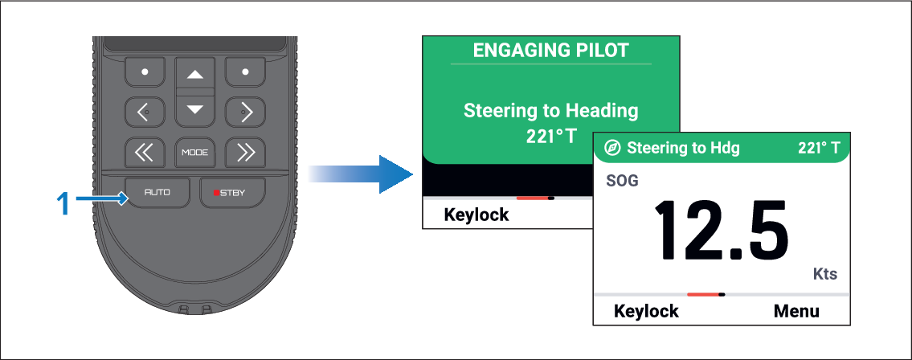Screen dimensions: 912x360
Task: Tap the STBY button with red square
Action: pyautogui.click(x=233, y=193)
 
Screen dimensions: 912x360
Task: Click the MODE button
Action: pyautogui.click(x=194, y=153)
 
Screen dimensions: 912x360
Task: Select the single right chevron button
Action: pyautogui.click(x=245, y=112)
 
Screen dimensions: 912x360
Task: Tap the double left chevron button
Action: pyautogui.click(x=145, y=153)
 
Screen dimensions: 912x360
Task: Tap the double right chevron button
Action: pyautogui.click(x=245, y=153)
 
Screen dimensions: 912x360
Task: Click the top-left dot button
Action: pyautogui.click(x=145, y=72)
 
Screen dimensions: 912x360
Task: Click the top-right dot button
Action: pyautogui.click(x=245, y=72)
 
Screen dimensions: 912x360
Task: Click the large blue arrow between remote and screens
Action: pyautogui.click(x=361, y=174)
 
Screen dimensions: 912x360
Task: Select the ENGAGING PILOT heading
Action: pyautogui.click(x=550, y=50)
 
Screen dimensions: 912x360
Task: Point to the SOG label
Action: pyautogui.click(x=623, y=181)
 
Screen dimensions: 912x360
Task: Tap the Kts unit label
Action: pyautogui.click(x=824, y=275)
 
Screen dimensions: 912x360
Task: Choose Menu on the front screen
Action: pyautogui.click(x=796, y=311)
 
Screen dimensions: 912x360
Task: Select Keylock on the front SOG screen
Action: pyautogui.click(x=646, y=311)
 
